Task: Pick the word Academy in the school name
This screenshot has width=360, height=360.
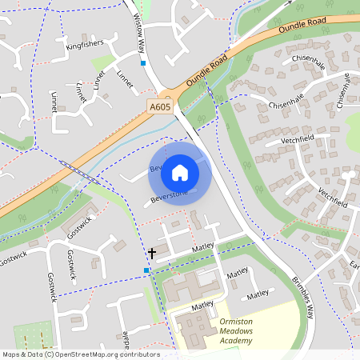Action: point(236,341)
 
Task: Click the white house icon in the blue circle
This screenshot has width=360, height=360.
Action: point(180,172)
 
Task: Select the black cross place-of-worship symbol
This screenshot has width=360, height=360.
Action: point(151,253)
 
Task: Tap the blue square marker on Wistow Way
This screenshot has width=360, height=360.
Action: point(143,62)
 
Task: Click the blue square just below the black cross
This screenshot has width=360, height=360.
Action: point(146,270)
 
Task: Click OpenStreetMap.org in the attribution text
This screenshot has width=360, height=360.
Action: point(81,354)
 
